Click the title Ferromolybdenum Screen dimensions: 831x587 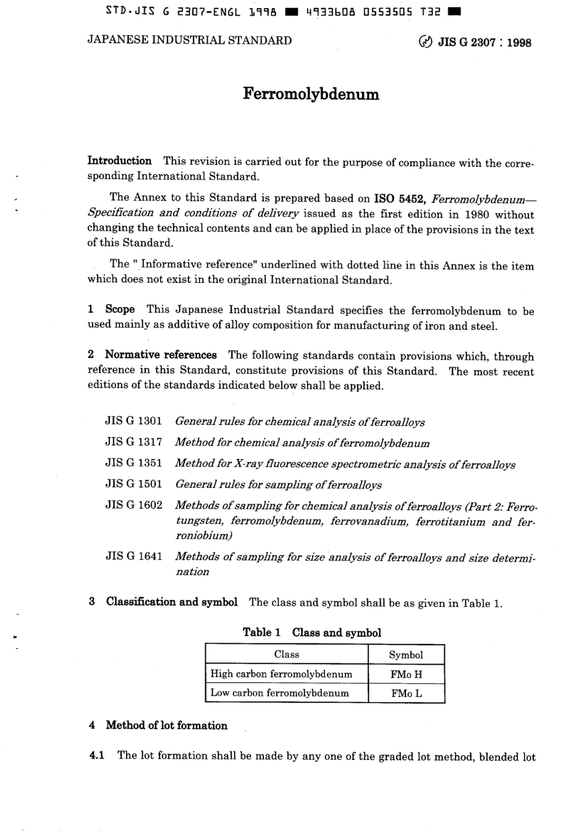pyautogui.click(x=311, y=95)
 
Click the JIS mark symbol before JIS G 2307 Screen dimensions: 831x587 pyautogui.click(x=426, y=43)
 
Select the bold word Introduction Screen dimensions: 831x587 pyautogui.click(x=119, y=161)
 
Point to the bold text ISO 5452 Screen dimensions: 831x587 pyautogui.click(x=399, y=199)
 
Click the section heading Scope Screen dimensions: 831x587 pyautogui.click(x=120, y=310)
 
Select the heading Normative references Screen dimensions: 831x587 pyautogui.click(x=161, y=355)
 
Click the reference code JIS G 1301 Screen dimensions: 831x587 pyautogui.click(x=133, y=421)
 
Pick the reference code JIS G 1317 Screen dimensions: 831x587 pyautogui.click(x=133, y=442)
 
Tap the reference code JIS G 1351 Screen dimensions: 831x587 pyautogui.click(x=133, y=463)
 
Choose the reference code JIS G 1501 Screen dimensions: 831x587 pyautogui.click(x=133, y=484)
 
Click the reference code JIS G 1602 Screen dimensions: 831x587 pyautogui.click(x=133, y=505)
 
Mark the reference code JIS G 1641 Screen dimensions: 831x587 pyautogui.click(x=133, y=556)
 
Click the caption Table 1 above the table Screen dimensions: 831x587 pyautogui.click(x=262, y=632)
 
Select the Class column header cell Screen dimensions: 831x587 pyautogui.click(x=286, y=654)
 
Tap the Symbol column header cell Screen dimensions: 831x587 pyautogui.click(x=406, y=655)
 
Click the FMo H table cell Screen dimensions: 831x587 pyautogui.click(x=406, y=674)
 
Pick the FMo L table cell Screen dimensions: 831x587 pyautogui.click(x=406, y=693)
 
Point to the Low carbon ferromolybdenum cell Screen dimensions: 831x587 pyautogui.click(x=279, y=693)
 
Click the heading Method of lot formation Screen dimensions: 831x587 pyautogui.click(x=166, y=725)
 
